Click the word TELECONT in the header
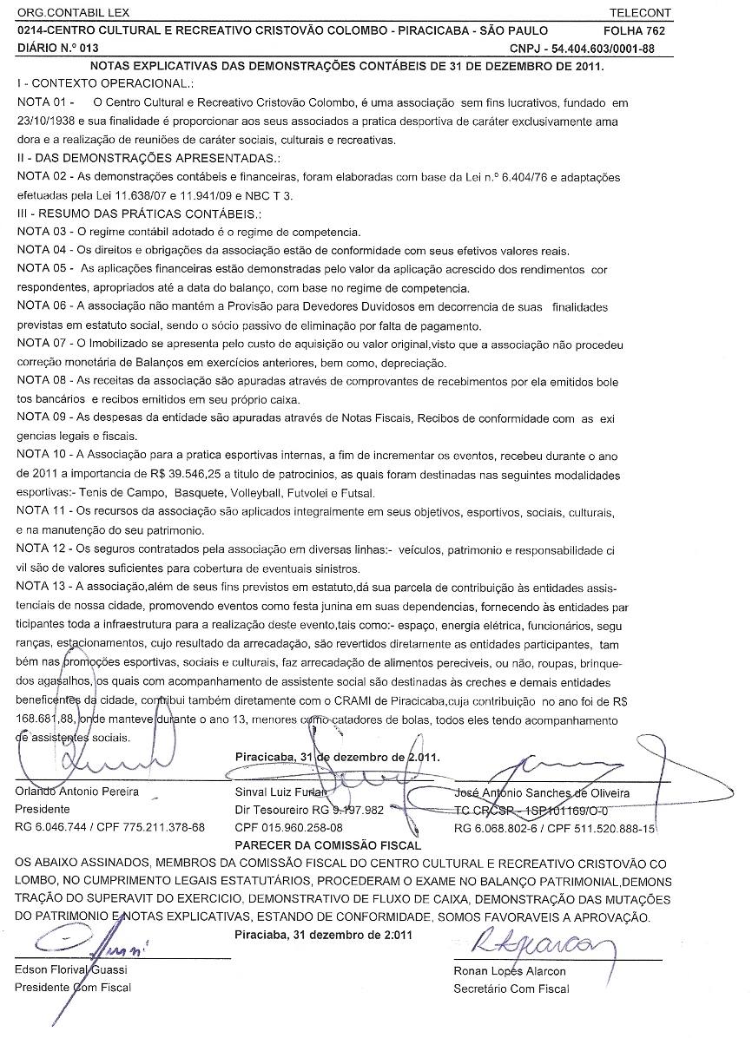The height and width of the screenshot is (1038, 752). pyautogui.click(x=641, y=14)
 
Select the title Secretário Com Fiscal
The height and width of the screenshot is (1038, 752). pyautogui.click(x=511, y=988)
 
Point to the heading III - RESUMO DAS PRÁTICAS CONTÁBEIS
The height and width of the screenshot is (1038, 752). pyautogui.click(x=139, y=214)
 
